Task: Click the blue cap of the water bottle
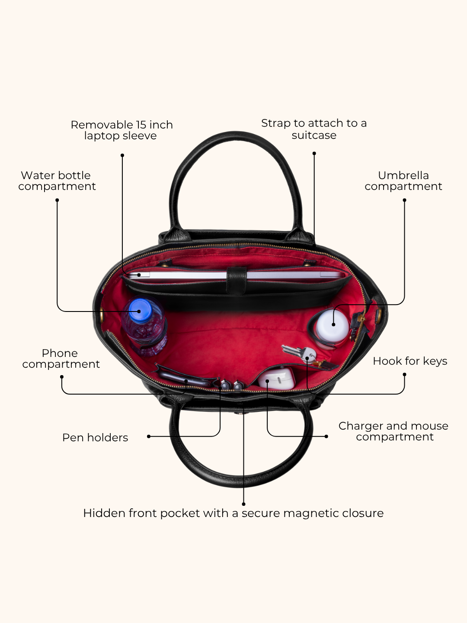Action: pyautogui.click(x=140, y=310)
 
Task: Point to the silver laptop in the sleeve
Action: pyautogui.click(x=235, y=275)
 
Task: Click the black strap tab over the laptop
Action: pyautogui.click(x=236, y=280)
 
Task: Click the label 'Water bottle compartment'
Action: pyautogui.click(x=57, y=181)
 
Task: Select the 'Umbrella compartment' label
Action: pyautogui.click(x=403, y=181)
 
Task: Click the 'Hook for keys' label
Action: pyautogui.click(x=410, y=361)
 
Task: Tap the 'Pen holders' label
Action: pyautogui.click(x=95, y=438)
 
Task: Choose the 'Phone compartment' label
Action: pyautogui.click(x=61, y=359)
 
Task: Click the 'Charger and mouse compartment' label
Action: pyautogui.click(x=393, y=431)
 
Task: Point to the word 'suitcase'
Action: pyautogui.click(x=314, y=135)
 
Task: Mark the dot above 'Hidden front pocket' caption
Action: pyautogui.click(x=243, y=504)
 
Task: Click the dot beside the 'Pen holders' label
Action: pyautogui.click(x=149, y=436)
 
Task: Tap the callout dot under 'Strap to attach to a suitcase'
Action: pyautogui.click(x=314, y=153)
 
